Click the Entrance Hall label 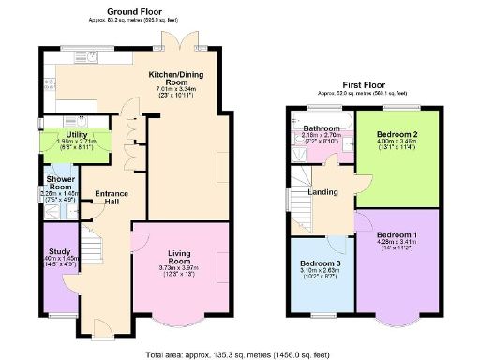112,199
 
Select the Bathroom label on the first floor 322,127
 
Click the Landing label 323,194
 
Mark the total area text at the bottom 239,353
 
